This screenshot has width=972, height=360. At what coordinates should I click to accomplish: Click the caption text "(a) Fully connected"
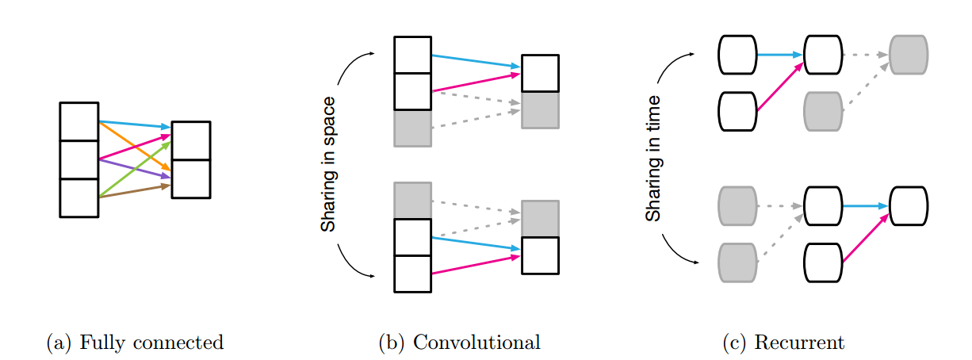pyautogui.click(x=135, y=343)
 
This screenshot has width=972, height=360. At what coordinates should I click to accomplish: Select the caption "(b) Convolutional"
pyautogui.click(x=460, y=343)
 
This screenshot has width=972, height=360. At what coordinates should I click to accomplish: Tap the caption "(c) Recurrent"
pyautogui.click(x=783, y=343)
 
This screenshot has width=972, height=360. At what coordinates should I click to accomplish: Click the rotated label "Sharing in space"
pyautogui.click(x=328, y=164)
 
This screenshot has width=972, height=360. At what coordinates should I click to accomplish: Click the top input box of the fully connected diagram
pyautogui.click(x=79, y=121)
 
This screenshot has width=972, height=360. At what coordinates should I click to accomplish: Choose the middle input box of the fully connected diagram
pyautogui.click(x=79, y=159)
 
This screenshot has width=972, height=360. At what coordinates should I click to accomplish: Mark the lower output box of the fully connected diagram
pyautogui.click(x=191, y=179)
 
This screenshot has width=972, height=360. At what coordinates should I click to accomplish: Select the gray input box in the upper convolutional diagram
pyautogui.click(x=412, y=128)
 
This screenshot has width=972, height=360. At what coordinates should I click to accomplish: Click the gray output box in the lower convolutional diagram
pyautogui.click(x=540, y=219)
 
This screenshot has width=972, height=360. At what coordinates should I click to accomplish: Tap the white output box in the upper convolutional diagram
pyautogui.click(x=540, y=74)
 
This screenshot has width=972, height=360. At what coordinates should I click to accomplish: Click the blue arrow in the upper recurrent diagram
pyautogui.click(x=780, y=55)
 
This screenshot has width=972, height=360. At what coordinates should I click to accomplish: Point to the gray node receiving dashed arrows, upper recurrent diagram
pyautogui.click(x=909, y=55)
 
